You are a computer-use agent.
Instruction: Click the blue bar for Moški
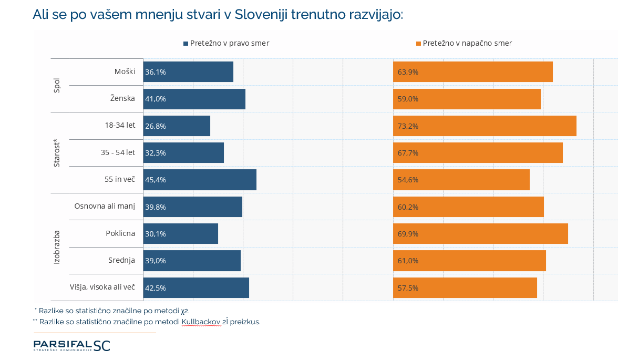pyautogui.click(x=188, y=72)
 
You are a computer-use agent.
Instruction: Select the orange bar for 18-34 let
pyautogui.click(x=485, y=126)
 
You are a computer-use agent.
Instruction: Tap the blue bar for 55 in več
pyautogui.click(x=200, y=180)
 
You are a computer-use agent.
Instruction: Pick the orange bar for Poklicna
pyautogui.click(x=480, y=234)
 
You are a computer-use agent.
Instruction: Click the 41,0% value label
pyautogui.click(x=156, y=99)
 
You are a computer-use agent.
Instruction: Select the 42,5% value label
pyautogui.click(x=156, y=288)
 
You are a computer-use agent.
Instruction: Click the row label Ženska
pyautogui.click(x=122, y=98)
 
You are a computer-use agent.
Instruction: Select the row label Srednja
pyautogui.click(x=121, y=260)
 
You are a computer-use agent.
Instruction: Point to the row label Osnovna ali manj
pyautogui.click(x=105, y=206)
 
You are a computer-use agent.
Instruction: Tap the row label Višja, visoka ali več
pyautogui.click(x=102, y=287)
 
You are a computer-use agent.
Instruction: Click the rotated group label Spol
pyautogui.click(x=57, y=86)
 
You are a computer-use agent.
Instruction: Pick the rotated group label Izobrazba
pyautogui.click(x=57, y=246)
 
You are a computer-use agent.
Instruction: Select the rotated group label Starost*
pyautogui.click(x=57, y=153)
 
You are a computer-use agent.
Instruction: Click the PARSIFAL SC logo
pyautogui.click(x=72, y=345)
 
